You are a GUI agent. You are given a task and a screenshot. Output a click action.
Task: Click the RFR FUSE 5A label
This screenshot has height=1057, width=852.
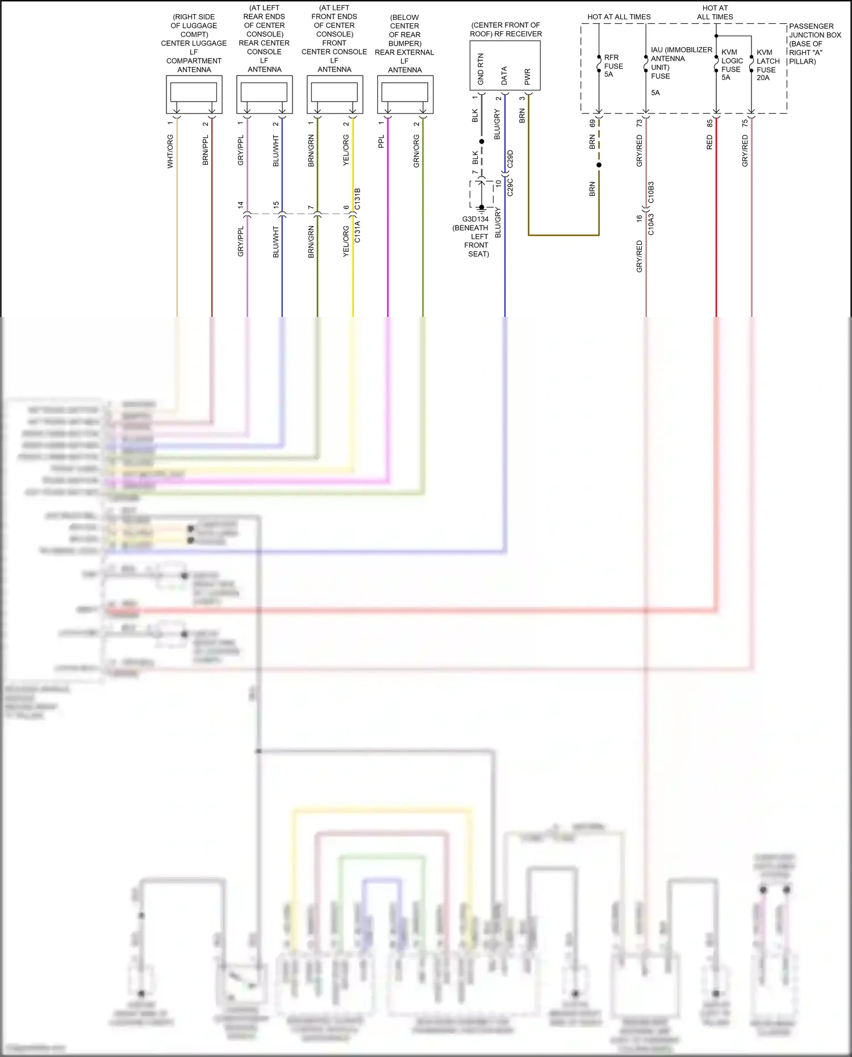coord(613,66)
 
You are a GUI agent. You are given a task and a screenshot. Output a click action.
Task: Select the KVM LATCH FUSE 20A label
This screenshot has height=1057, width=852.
coord(767,65)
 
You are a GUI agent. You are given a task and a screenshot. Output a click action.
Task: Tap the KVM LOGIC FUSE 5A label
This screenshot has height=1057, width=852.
coord(732,65)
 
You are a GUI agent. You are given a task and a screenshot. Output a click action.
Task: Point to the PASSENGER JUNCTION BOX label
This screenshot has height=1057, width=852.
coord(815,44)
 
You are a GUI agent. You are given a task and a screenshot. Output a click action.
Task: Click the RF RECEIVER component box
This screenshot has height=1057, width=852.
coord(504,65)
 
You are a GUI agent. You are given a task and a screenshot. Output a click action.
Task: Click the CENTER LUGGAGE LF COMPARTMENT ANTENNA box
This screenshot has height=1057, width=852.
coord(194,94)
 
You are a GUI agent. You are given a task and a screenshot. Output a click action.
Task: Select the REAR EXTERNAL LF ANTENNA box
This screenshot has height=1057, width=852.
coord(405,94)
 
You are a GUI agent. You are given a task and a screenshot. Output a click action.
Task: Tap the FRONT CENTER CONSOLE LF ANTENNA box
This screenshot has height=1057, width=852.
coord(335,94)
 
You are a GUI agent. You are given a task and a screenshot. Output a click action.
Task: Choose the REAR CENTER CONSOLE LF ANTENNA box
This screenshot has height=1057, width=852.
coord(264,94)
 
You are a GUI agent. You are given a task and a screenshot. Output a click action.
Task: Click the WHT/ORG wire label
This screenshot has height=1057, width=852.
coord(170,151)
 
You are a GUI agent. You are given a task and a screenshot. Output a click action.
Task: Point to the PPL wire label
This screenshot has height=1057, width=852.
coord(381,141)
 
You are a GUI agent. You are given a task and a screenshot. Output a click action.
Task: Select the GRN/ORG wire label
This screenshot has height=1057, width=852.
coord(416,151)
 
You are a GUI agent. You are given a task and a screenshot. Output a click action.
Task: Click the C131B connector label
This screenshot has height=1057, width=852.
coord(357,199)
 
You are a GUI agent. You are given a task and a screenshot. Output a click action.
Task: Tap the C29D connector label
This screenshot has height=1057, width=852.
coord(510,159)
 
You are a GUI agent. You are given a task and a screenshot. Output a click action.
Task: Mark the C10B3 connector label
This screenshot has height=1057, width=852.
coord(651,193)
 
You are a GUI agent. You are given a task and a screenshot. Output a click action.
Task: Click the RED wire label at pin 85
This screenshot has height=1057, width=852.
coord(709,142)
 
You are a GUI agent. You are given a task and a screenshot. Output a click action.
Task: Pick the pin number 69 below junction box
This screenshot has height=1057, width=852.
coord(592,123)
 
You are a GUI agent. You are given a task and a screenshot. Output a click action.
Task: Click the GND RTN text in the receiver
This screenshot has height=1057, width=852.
coord(481,69)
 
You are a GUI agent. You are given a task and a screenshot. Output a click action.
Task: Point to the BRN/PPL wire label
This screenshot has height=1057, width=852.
coord(205,151)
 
